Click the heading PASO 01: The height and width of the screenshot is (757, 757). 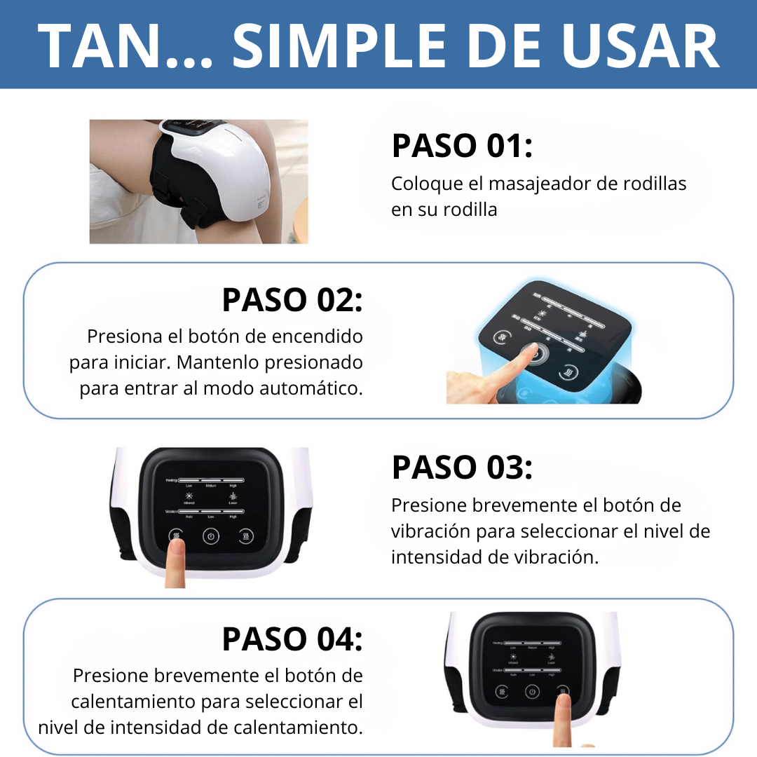[462, 146]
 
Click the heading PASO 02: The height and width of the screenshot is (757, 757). [292, 299]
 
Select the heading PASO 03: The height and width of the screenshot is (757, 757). [462, 467]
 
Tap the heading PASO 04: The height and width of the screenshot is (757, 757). [292, 639]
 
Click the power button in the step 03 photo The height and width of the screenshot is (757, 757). [211, 537]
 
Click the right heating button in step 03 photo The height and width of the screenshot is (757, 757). [245, 537]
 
